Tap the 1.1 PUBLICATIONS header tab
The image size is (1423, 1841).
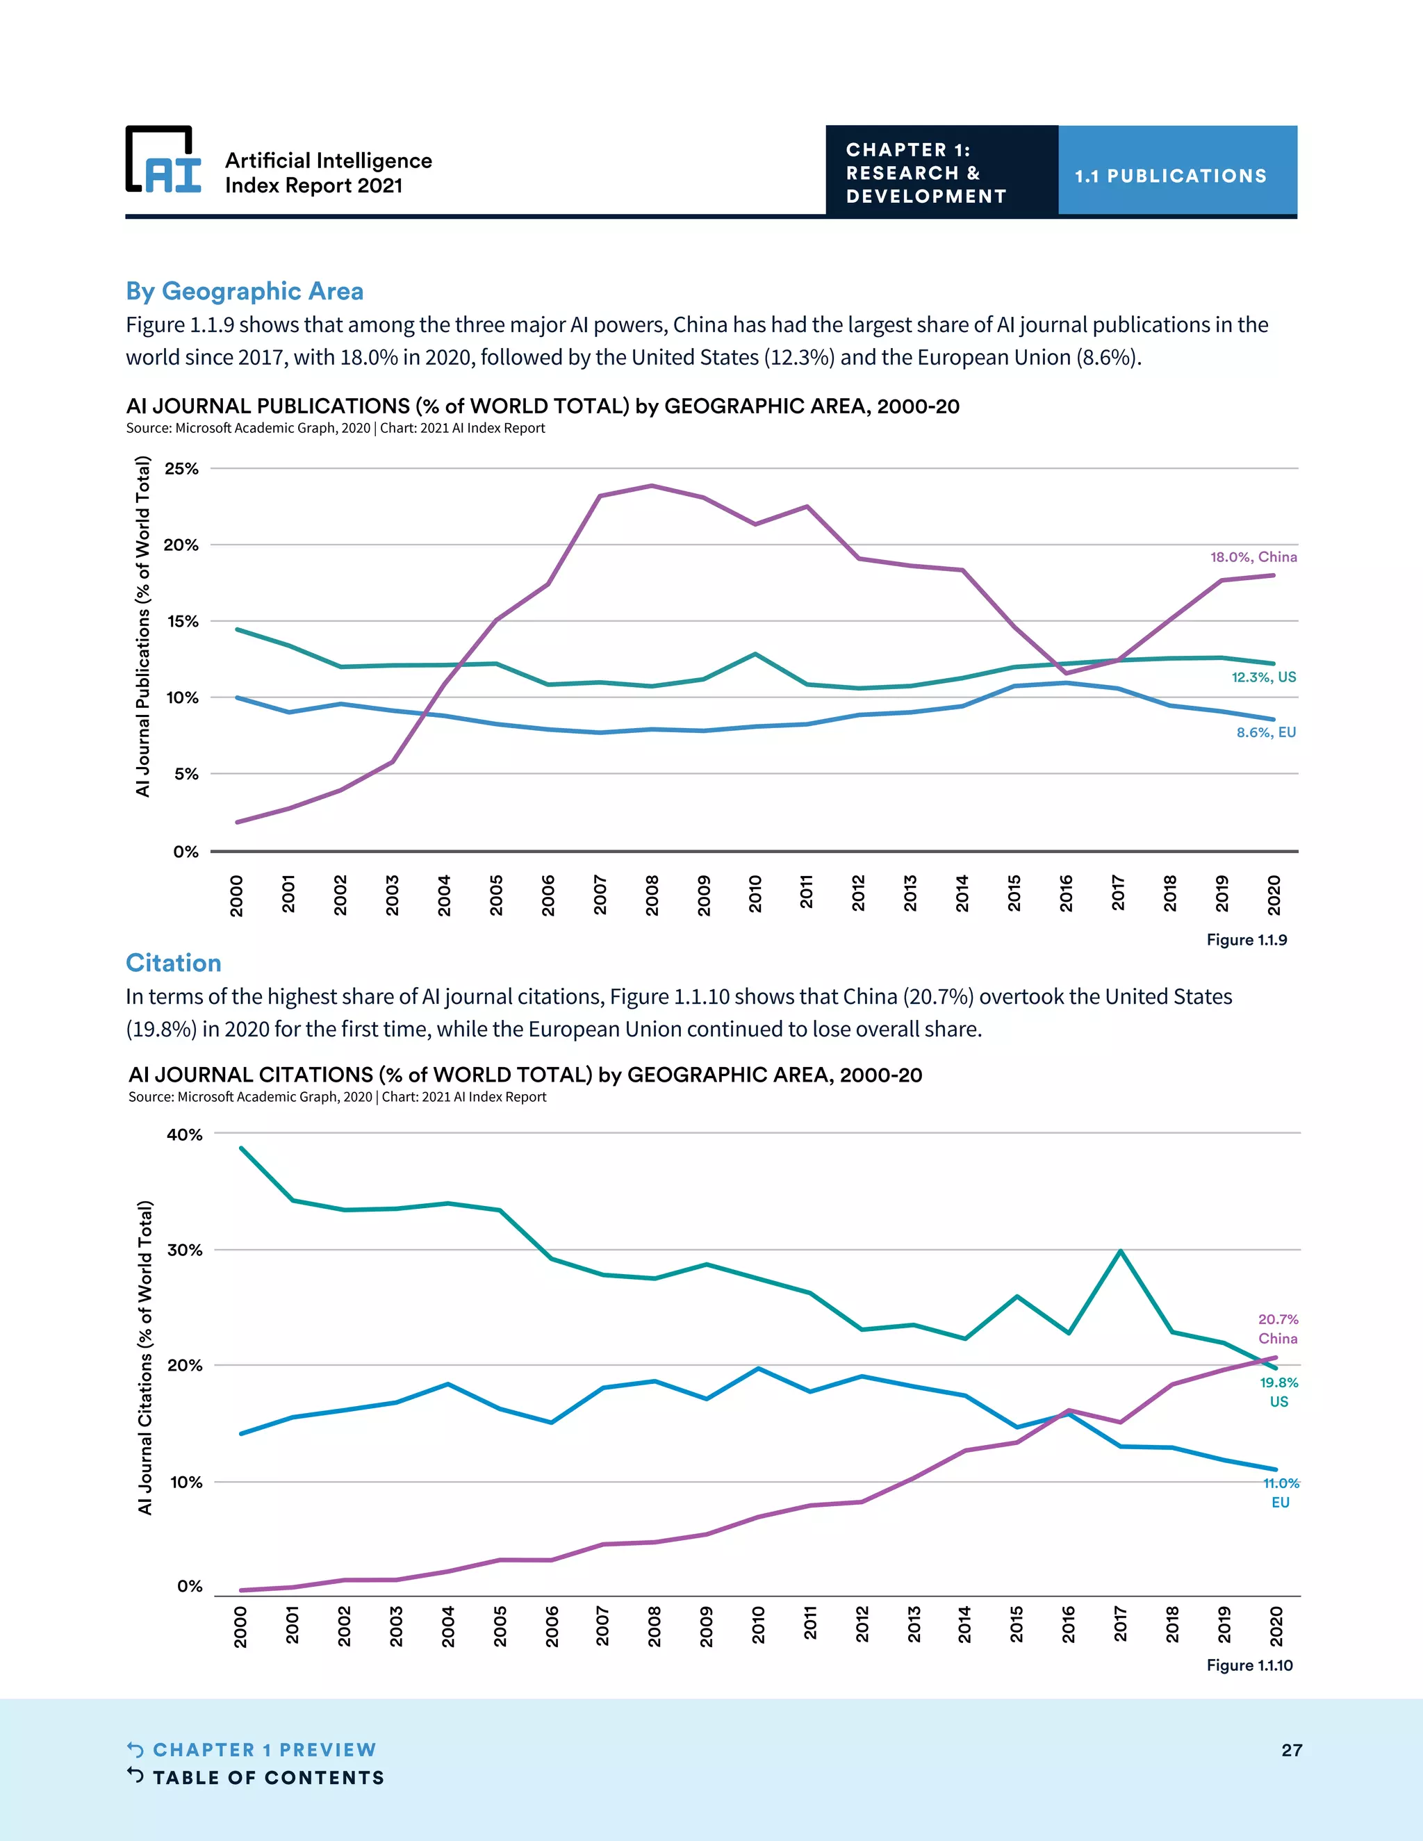[x=1170, y=175]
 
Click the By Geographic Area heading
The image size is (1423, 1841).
[x=245, y=291]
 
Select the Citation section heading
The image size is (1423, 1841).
[x=174, y=963]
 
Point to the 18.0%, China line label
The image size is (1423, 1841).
[x=1253, y=556]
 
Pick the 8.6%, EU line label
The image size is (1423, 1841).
[x=1266, y=732]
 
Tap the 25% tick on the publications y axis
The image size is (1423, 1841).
[x=181, y=469]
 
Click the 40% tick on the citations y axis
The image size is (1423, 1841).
[x=185, y=1134]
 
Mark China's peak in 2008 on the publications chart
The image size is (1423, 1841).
[x=652, y=486]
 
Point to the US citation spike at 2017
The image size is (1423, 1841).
[x=1120, y=1251]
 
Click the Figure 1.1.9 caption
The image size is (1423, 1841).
[x=1247, y=940]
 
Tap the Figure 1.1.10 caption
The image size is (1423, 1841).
[x=1249, y=1665]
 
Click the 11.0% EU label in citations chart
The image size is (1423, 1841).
[x=1281, y=1492]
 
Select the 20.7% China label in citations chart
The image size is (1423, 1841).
[x=1278, y=1328]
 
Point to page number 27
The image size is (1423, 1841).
[x=1292, y=1750]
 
